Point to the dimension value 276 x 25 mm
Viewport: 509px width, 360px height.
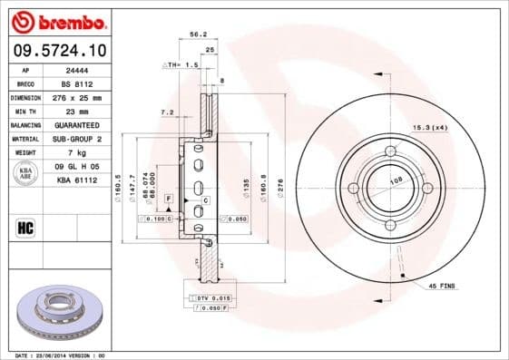78,97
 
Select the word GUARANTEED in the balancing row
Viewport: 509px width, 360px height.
78,124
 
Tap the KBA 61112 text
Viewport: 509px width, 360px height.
77,180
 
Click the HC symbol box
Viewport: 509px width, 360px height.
26,227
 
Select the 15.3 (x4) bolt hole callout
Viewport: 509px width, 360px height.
430,127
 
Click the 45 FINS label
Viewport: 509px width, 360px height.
442,286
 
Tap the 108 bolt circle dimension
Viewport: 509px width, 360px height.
396,180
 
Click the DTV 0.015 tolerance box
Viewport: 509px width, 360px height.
210,298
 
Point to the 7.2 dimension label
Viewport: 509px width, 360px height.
166,112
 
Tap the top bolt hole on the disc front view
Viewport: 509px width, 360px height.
391,151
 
